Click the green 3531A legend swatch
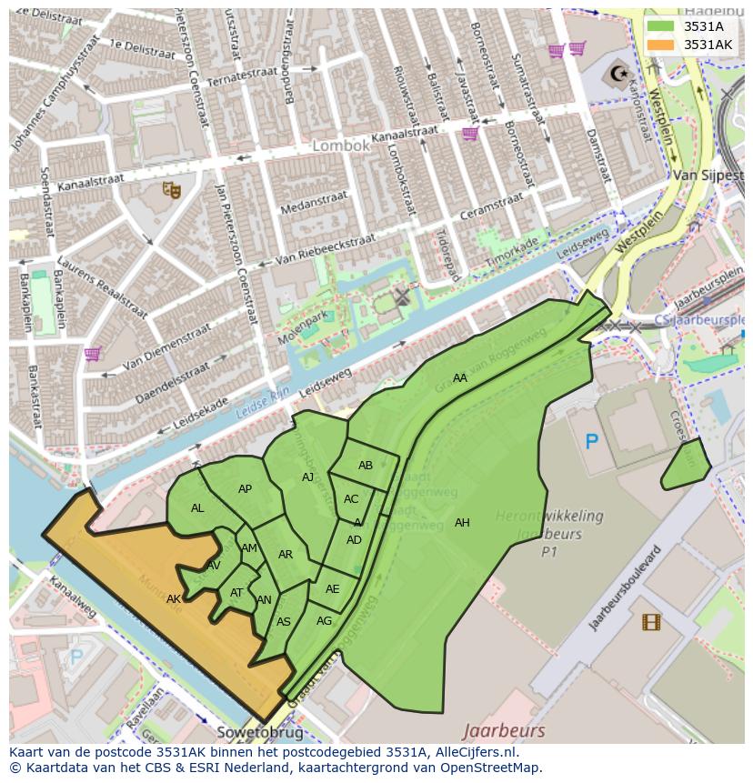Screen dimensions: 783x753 (661, 26)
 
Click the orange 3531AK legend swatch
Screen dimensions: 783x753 (661, 45)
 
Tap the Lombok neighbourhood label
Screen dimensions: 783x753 (341, 146)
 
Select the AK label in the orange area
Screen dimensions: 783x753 (174, 599)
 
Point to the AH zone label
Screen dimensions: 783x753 (462, 523)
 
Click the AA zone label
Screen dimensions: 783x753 (460, 378)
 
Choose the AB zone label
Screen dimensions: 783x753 (366, 466)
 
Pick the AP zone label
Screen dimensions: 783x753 (245, 489)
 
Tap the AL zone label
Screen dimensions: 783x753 (197, 508)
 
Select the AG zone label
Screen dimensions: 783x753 (324, 621)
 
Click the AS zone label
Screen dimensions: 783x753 (284, 622)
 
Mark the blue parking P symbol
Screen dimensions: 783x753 (592, 442)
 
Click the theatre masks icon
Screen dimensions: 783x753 (170, 189)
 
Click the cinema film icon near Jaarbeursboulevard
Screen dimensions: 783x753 (651, 622)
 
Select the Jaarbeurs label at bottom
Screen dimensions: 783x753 (504, 730)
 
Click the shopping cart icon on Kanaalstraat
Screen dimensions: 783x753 (470, 134)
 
